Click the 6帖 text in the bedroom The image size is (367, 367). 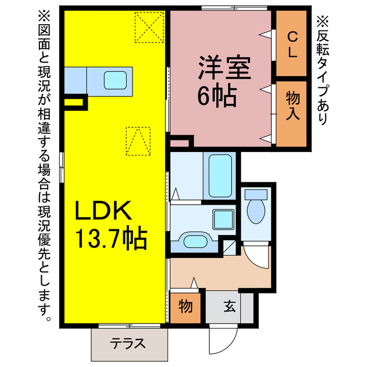[x=217, y=96]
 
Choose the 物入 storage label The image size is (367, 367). [x=292, y=106]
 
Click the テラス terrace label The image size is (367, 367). [x=127, y=344]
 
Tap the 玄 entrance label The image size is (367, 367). [x=229, y=307]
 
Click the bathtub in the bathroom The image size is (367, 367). [x=219, y=174]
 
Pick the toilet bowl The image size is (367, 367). [x=255, y=210]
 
